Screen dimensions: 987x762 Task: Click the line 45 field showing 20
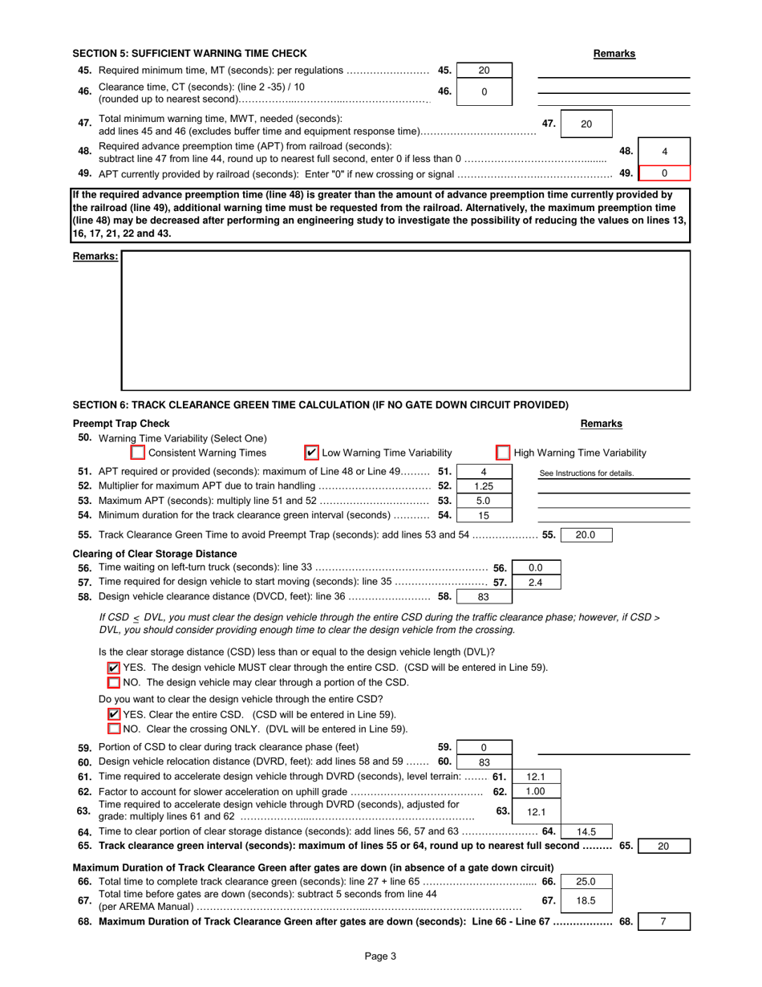pos(484,71)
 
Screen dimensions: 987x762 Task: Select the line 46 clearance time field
pos(484,91)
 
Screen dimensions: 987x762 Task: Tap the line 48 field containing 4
pos(664,152)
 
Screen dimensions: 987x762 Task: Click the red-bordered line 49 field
pos(664,173)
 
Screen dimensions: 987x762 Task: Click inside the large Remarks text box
pos(405,321)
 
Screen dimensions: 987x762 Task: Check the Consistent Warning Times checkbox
pos(138,453)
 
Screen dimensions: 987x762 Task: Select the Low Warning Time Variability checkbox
pos(312,453)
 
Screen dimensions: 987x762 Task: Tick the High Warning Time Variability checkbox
pos(503,453)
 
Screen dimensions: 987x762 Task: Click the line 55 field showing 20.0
pos(586,534)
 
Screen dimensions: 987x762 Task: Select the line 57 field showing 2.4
pos(535,582)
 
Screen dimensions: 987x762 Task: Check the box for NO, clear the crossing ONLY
pos(114,729)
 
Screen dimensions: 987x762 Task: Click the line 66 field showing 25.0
pos(586,881)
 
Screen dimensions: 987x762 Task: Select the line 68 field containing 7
pos(663,922)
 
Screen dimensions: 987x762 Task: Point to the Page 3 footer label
pos(380,956)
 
